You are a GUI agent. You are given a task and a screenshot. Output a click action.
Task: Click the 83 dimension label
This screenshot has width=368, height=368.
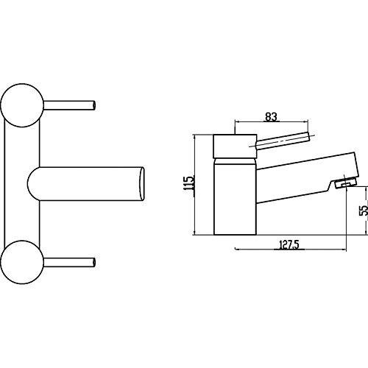click(271, 116)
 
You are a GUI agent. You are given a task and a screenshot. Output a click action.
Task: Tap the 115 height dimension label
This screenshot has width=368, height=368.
click(190, 183)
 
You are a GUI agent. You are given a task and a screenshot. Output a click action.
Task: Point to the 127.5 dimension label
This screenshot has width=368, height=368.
click(289, 244)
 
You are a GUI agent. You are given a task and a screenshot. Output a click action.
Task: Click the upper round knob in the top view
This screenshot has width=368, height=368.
click(22, 105)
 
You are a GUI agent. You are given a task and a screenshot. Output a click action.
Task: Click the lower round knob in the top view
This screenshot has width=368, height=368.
click(22, 262)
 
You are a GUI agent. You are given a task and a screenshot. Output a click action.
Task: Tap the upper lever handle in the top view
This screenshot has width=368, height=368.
click(69, 105)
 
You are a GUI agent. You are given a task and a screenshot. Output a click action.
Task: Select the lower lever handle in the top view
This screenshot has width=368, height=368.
click(69, 262)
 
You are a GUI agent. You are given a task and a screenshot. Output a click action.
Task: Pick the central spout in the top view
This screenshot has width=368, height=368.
click(86, 184)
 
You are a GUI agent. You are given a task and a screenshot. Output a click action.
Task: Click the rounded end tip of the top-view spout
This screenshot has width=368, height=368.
click(142, 184)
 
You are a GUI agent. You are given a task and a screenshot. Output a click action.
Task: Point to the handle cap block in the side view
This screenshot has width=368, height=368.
click(235, 146)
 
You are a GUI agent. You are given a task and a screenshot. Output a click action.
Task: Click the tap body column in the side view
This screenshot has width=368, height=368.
click(235, 197)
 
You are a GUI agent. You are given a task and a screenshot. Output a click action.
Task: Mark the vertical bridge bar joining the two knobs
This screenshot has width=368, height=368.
click(22, 184)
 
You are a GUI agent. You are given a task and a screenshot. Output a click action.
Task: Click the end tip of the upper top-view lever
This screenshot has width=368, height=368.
click(94, 105)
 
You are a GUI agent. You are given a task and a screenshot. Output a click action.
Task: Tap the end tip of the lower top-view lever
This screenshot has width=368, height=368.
click(94, 262)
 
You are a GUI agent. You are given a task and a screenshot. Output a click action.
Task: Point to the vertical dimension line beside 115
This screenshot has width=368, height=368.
click(194, 185)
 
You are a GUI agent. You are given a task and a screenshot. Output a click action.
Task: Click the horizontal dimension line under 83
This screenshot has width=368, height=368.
click(272, 121)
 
